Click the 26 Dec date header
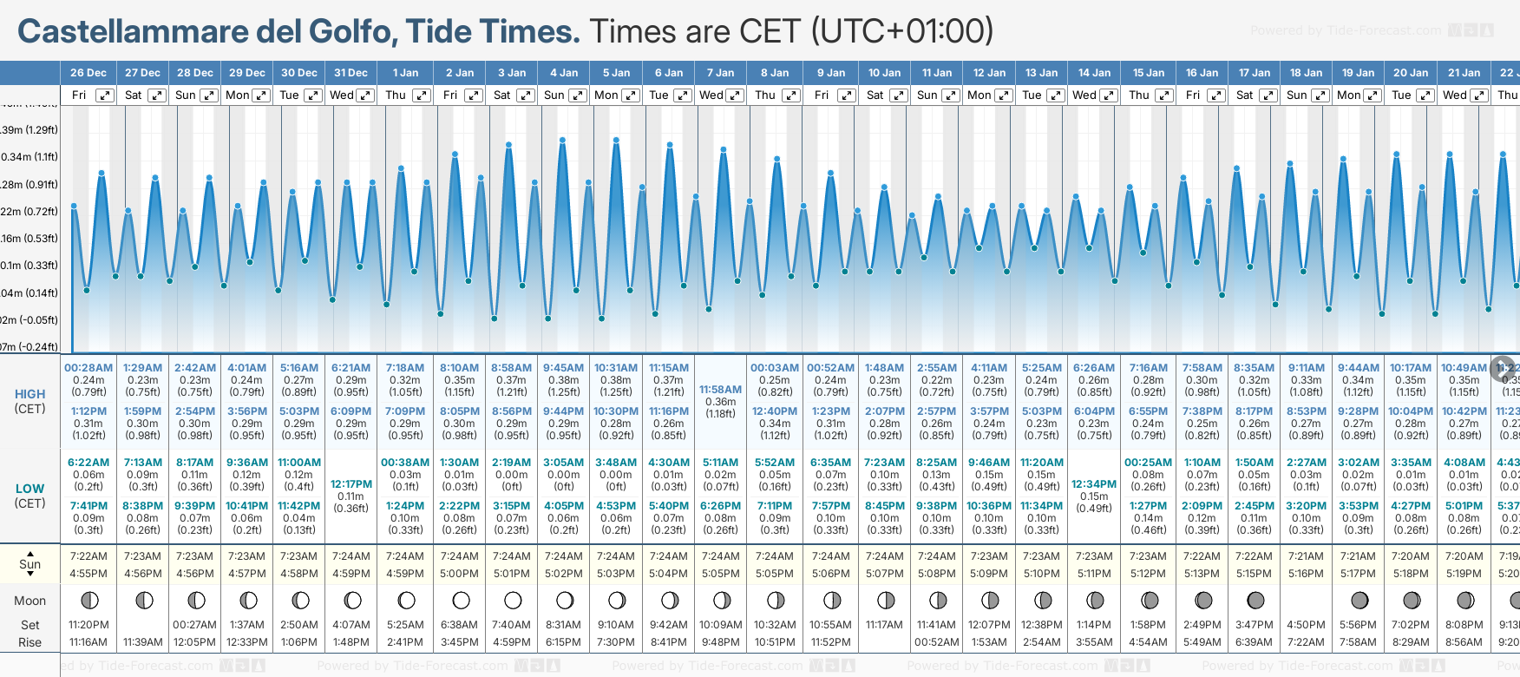point(88,73)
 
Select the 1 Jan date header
point(405,73)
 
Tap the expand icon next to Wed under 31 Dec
point(365,95)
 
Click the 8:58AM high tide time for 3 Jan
point(511,368)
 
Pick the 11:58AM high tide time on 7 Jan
point(721,390)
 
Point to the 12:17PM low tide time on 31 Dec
point(351,484)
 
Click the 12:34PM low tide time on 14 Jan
point(1094,484)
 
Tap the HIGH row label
point(30,394)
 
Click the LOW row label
point(30,489)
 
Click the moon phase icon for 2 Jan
point(461,600)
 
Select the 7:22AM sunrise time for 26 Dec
point(88,556)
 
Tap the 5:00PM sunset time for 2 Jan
point(459,574)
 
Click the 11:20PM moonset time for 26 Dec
point(88,625)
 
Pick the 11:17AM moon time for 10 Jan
point(884,625)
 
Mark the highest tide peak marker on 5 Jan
point(617,139)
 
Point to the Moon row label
point(30,601)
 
